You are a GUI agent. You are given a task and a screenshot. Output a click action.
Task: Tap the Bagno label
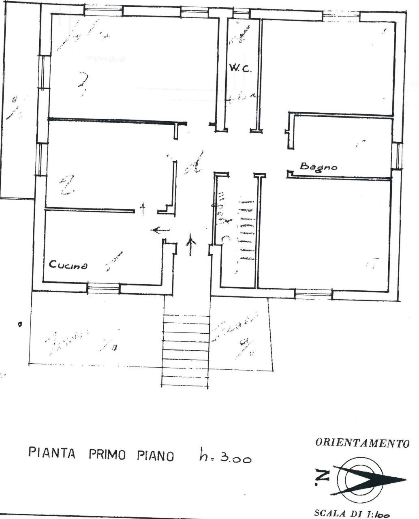coord(318,166)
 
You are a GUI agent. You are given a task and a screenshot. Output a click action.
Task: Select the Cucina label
coord(68,266)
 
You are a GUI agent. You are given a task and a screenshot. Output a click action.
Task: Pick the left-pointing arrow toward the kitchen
coord(160,230)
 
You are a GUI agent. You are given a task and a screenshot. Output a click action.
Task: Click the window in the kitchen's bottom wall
coord(104,289)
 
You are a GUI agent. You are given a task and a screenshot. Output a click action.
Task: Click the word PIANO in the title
coord(155,455)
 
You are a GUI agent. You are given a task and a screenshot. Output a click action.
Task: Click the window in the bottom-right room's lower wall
coord(313,294)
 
